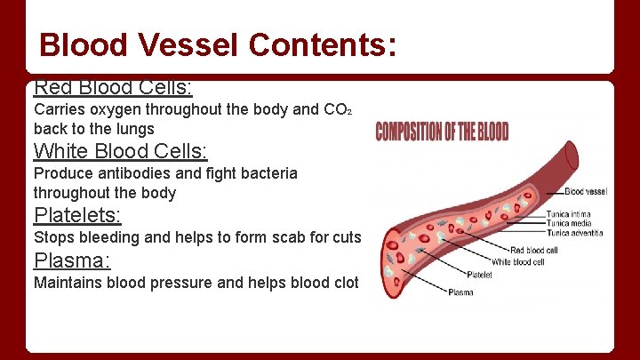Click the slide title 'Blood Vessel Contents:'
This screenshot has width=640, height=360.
click(218, 44)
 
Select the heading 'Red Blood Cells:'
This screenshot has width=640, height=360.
click(113, 88)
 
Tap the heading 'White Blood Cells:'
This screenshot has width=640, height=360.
click(120, 151)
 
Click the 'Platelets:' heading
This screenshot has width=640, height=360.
click(77, 215)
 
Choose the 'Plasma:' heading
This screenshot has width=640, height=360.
click(72, 261)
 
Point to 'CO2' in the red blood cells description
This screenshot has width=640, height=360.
click(339, 111)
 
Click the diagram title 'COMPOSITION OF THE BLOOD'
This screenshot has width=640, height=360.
click(442, 132)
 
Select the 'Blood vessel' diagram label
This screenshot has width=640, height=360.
click(586, 191)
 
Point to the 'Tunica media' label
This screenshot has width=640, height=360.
click(570, 224)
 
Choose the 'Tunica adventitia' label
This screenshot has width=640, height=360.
click(574, 234)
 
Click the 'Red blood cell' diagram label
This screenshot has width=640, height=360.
click(535, 251)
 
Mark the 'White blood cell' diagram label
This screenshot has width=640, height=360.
click(524, 261)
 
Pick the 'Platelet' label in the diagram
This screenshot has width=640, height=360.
click(479, 276)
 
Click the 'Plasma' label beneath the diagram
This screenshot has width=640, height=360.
click(460, 292)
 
